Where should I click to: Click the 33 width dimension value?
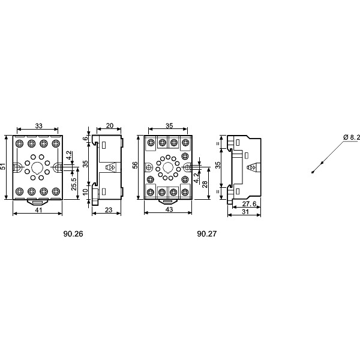(x=39, y=126)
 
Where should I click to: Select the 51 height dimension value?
(x=2, y=166)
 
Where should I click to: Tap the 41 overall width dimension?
(x=38, y=210)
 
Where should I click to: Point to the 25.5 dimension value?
(x=74, y=184)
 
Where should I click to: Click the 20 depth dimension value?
(x=110, y=125)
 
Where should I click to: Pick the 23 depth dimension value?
(x=109, y=210)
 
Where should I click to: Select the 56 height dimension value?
(x=135, y=165)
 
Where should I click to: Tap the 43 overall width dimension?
(x=169, y=209)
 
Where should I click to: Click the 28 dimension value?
(x=205, y=184)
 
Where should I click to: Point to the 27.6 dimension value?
(x=249, y=203)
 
